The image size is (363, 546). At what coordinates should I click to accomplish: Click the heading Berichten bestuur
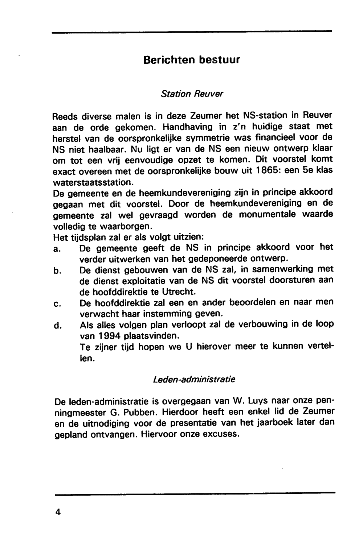192,59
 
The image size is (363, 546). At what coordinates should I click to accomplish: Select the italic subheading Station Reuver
192,94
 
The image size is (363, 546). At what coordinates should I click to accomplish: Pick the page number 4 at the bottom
57,512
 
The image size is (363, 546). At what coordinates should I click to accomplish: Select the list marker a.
56,249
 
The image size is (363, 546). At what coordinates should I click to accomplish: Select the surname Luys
257,402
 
